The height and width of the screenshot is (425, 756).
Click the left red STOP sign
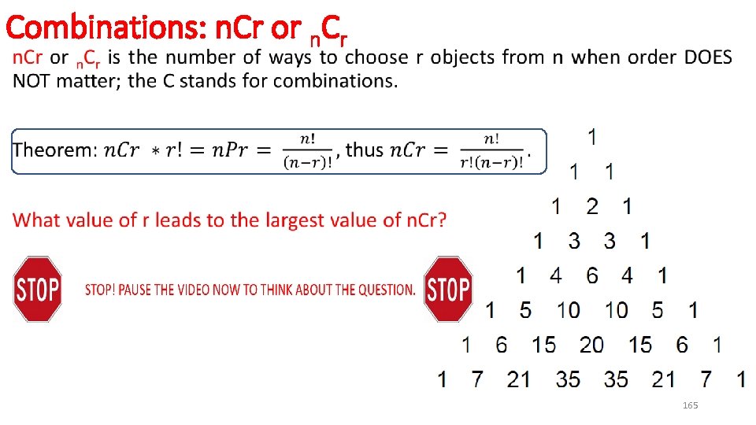pos(38,289)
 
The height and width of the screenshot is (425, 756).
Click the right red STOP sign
pos(448,289)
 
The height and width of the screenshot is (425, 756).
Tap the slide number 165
pos(690,405)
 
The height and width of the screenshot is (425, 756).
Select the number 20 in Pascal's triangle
pos(591,344)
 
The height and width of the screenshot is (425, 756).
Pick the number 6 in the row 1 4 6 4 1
pos(591,275)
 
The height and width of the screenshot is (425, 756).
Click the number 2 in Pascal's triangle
pos(592,206)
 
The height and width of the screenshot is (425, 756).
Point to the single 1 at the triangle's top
pos(591,137)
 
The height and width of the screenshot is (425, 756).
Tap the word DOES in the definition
pos(707,57)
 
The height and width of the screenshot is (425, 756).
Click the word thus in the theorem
pos(365,150)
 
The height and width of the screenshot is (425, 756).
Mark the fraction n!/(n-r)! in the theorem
pos(308,150)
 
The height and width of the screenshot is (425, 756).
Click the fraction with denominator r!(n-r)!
pos(492,150)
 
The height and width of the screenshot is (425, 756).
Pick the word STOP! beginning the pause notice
pos(99,290)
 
